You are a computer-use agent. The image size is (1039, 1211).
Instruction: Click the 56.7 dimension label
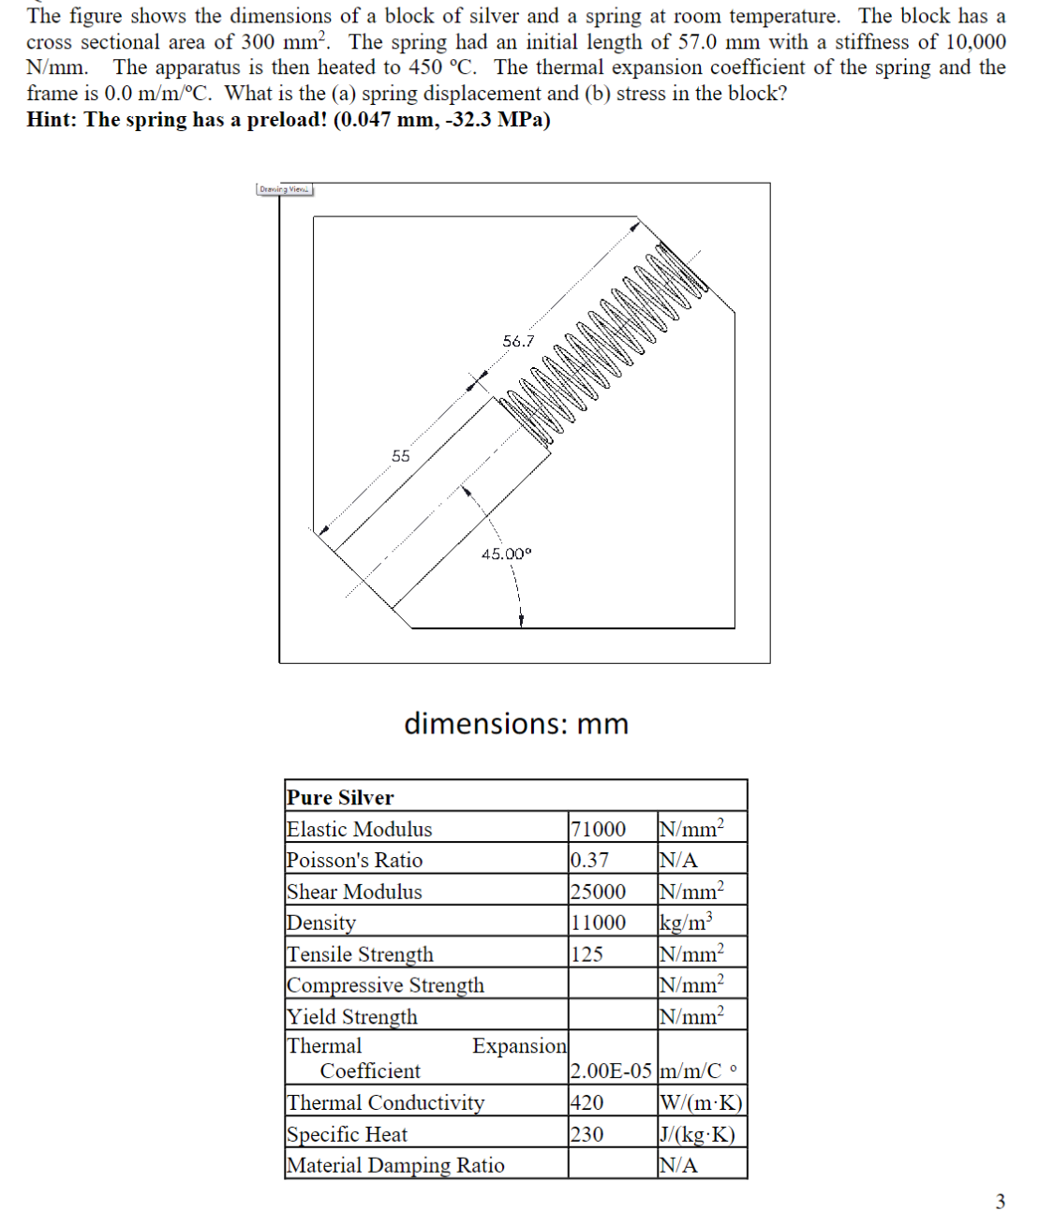pos(518,341)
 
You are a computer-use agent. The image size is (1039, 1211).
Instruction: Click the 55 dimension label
pos(401,456)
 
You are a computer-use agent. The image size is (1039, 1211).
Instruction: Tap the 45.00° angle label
pos(506,554)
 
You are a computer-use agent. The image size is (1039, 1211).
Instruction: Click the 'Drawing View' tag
pos(285,189)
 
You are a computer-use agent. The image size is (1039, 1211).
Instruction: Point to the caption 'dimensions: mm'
pos(516,724)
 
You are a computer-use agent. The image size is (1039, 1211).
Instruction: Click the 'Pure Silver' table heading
pos(340,797)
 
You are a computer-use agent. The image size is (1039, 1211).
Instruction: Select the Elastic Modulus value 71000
pos(598,829)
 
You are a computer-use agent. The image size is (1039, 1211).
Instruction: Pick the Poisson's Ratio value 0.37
pos(589,860)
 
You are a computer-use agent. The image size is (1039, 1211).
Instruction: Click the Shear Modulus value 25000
pos(598,892)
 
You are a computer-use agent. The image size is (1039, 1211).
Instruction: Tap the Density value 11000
pos(598,923)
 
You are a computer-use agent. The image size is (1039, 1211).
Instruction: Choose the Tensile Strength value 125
pos(586,954)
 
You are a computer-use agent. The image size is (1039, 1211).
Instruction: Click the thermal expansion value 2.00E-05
pos(611,1071)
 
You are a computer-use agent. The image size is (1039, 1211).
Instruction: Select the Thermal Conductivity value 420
pos(586,1102)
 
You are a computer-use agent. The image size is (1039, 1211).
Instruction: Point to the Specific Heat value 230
pos(586,1134)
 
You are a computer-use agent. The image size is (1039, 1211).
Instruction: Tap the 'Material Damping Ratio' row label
pos(395,1165)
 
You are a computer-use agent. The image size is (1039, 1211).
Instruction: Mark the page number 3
pos(1000,1201)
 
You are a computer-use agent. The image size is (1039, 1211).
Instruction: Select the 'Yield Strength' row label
pos(352,1016)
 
